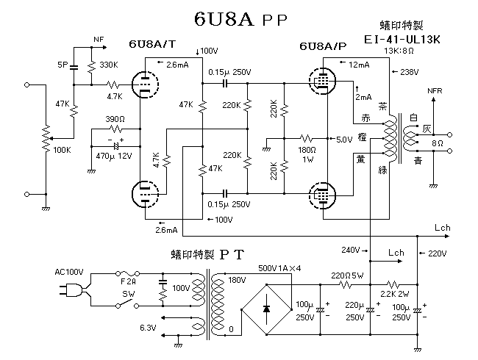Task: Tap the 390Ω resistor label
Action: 115,118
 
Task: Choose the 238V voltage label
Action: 410,71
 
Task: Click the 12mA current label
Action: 360,65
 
